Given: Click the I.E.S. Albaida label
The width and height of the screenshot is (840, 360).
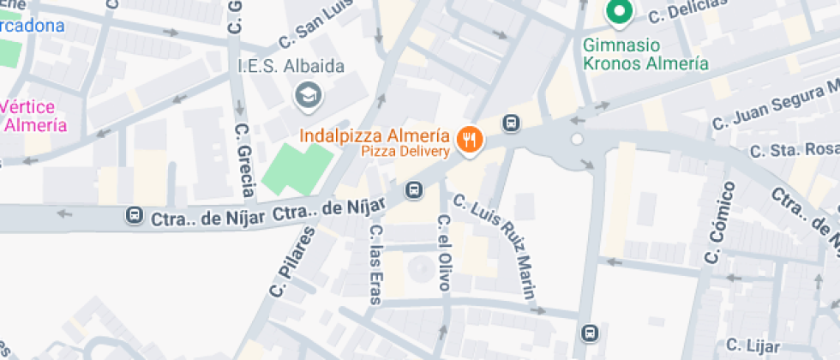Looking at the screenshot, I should [291, 67].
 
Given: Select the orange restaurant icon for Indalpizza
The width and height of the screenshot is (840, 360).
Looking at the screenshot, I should [468, 141].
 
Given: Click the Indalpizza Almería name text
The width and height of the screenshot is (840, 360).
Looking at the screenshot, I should [375, 135].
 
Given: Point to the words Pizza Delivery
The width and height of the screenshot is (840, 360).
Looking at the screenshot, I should [405, 152].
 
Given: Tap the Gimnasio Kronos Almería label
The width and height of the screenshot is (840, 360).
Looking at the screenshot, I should [645, 55].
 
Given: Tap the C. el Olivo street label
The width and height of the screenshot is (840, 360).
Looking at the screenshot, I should [443, 252].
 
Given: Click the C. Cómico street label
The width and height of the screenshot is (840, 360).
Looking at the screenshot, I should [718, 222].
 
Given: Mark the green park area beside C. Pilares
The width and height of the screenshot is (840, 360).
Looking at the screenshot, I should [296, 168].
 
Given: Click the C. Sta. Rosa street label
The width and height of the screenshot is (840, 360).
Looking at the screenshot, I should [793, 151].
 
